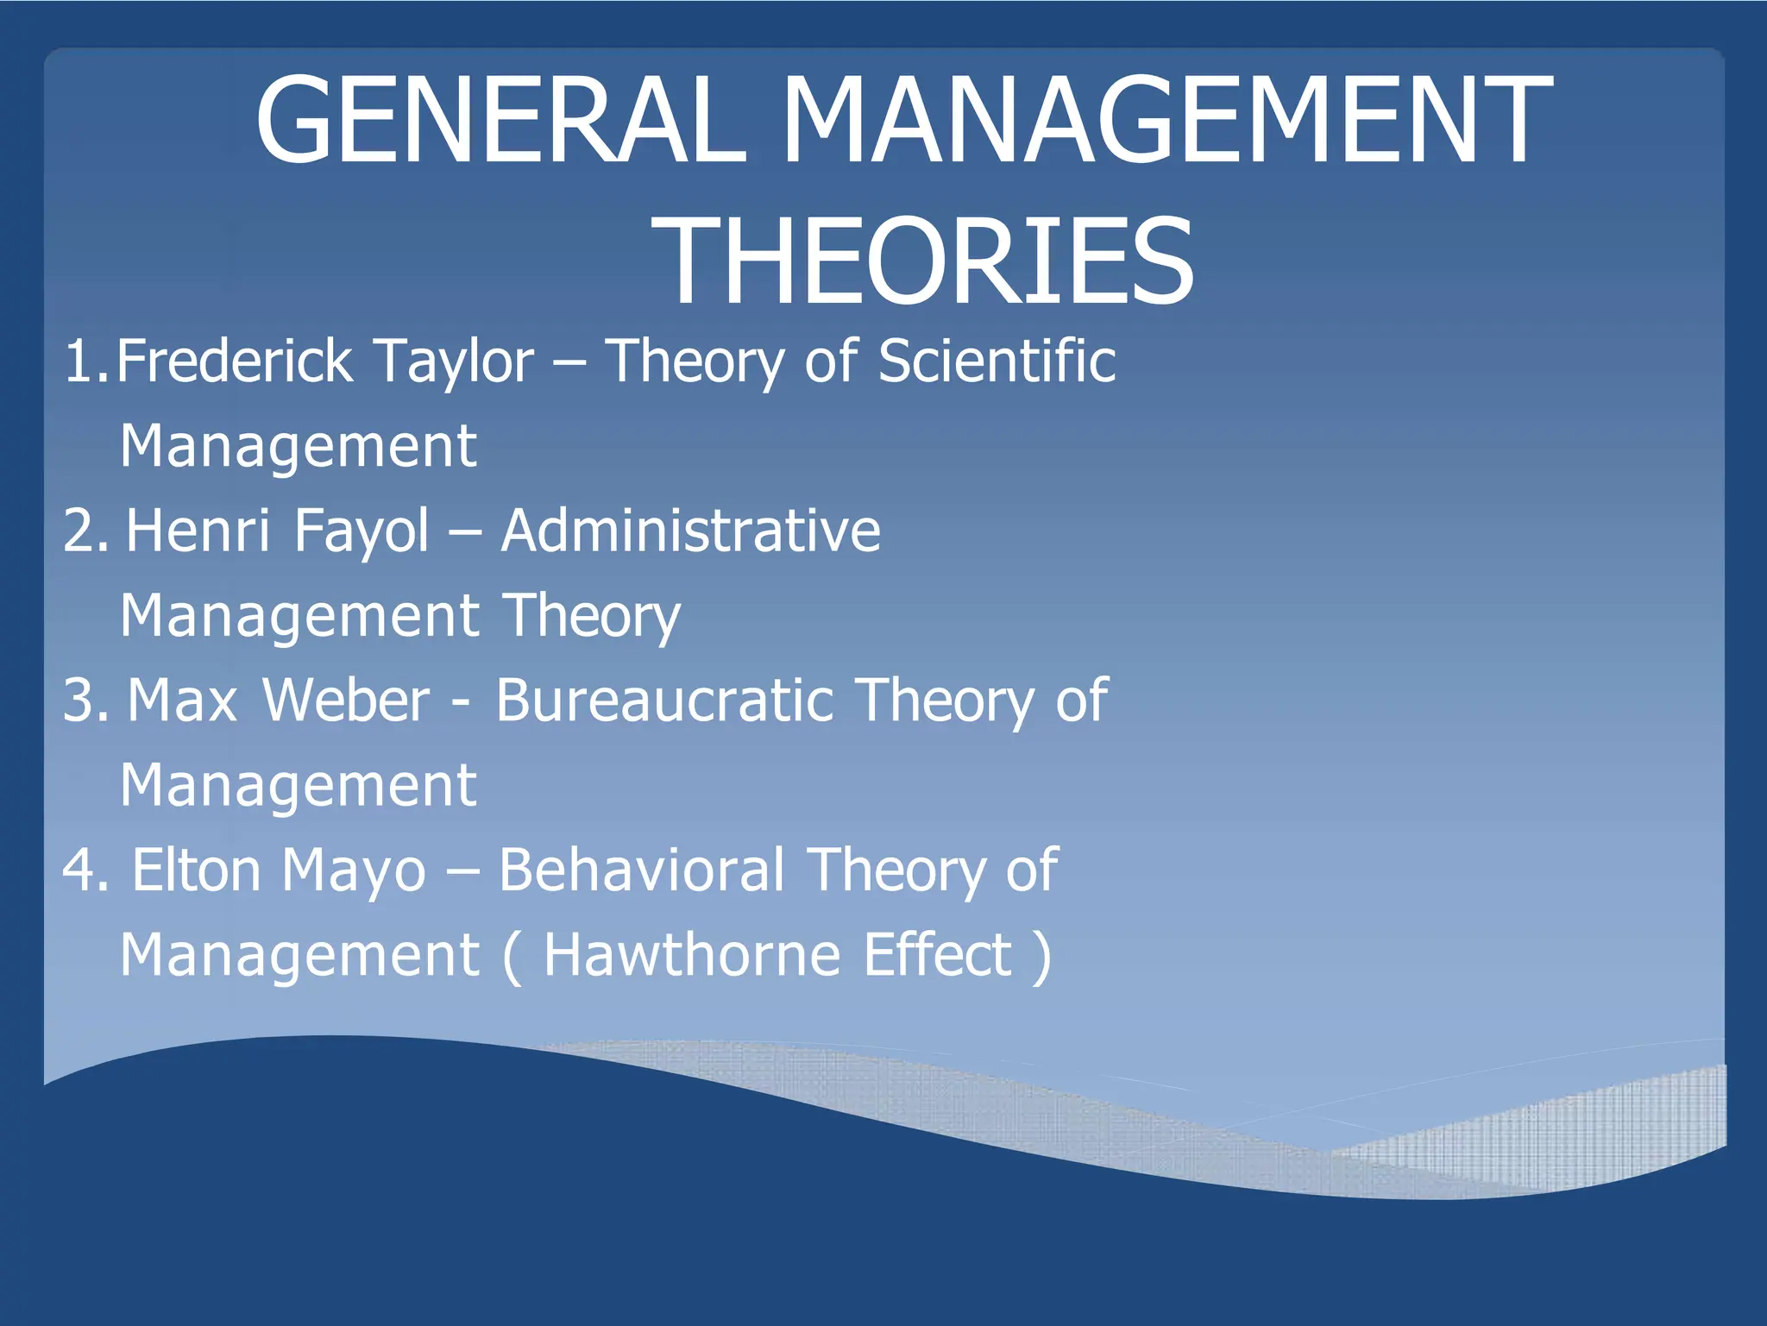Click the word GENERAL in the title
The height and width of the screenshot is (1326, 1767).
(500, 121)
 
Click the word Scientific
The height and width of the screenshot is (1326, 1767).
(997, 361)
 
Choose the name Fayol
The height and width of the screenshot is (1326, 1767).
(361, 531)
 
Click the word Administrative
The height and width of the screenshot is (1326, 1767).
(690, 530)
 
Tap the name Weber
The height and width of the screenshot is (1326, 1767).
(345, 700)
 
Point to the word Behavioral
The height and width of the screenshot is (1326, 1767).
(642, 870)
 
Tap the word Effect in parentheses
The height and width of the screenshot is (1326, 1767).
(938, 955)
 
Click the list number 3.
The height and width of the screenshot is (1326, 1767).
(79, 700)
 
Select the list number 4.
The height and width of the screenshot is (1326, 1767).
(79, 870)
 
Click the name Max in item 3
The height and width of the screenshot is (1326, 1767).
(182, 700)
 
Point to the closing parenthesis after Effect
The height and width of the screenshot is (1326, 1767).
(1042, 955)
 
